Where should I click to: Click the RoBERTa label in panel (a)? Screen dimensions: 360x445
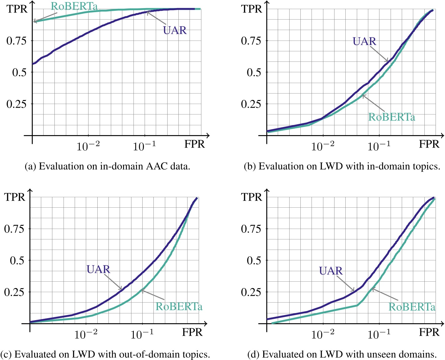pyautogui.click(x=74, y=6)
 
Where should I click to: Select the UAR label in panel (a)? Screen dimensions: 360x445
pyautogui.click(x=175, y=30)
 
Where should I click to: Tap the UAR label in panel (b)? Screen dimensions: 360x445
pyautogui.click(x=364, y=42)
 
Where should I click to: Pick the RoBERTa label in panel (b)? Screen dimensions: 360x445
pyautogui.click(x=392, y=117)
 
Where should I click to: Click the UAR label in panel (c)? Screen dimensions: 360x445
pyautogui.click(x=98, y=269)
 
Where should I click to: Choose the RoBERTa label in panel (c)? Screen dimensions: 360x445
pyautogui.click(x=179, y=307)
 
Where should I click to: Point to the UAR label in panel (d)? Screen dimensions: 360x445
pyautogui.click(x=331, y=271)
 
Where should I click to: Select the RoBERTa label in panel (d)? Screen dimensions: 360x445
pyautogui.click(x=412, y=307)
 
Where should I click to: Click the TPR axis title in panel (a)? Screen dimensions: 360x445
pyautogui.click(x=17, y=9)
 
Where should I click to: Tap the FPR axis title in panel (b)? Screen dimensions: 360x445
pyautogui.click(x=429, y=144)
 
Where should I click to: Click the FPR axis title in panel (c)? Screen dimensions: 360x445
pyautogui.click(x=192, y=332)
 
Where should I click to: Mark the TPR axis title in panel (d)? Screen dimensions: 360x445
pyautogui.click(x=252, y=197)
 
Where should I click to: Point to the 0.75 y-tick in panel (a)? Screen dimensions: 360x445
pyautogui.click(x=16, y=41)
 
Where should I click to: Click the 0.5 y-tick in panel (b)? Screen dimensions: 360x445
pyautogui.click(x=254, y=73)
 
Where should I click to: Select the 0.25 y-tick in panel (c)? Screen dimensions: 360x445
pyautogui.click(x=14, y=292)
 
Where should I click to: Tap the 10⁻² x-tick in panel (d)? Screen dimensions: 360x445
pyautogui.click(x=323, y=334)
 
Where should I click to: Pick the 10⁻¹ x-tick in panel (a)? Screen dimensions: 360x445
pyautogui.click(x=144, y=146)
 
